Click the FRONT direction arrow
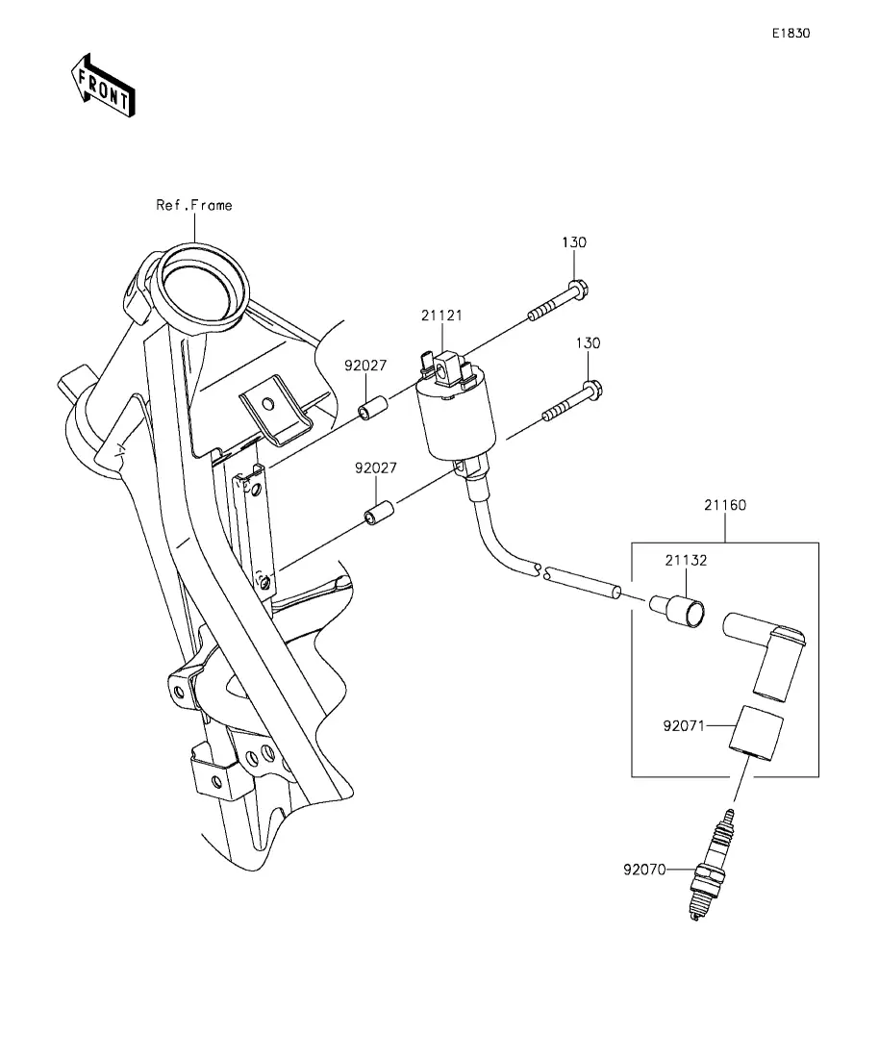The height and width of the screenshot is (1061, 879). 103,86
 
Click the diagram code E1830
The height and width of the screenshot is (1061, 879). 791,33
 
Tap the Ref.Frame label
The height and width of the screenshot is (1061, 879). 194,205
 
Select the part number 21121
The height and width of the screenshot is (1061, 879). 441,316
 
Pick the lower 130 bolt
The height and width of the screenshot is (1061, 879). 572,403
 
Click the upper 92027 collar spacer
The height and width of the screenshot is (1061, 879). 372,408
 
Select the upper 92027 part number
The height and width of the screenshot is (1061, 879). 365,366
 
